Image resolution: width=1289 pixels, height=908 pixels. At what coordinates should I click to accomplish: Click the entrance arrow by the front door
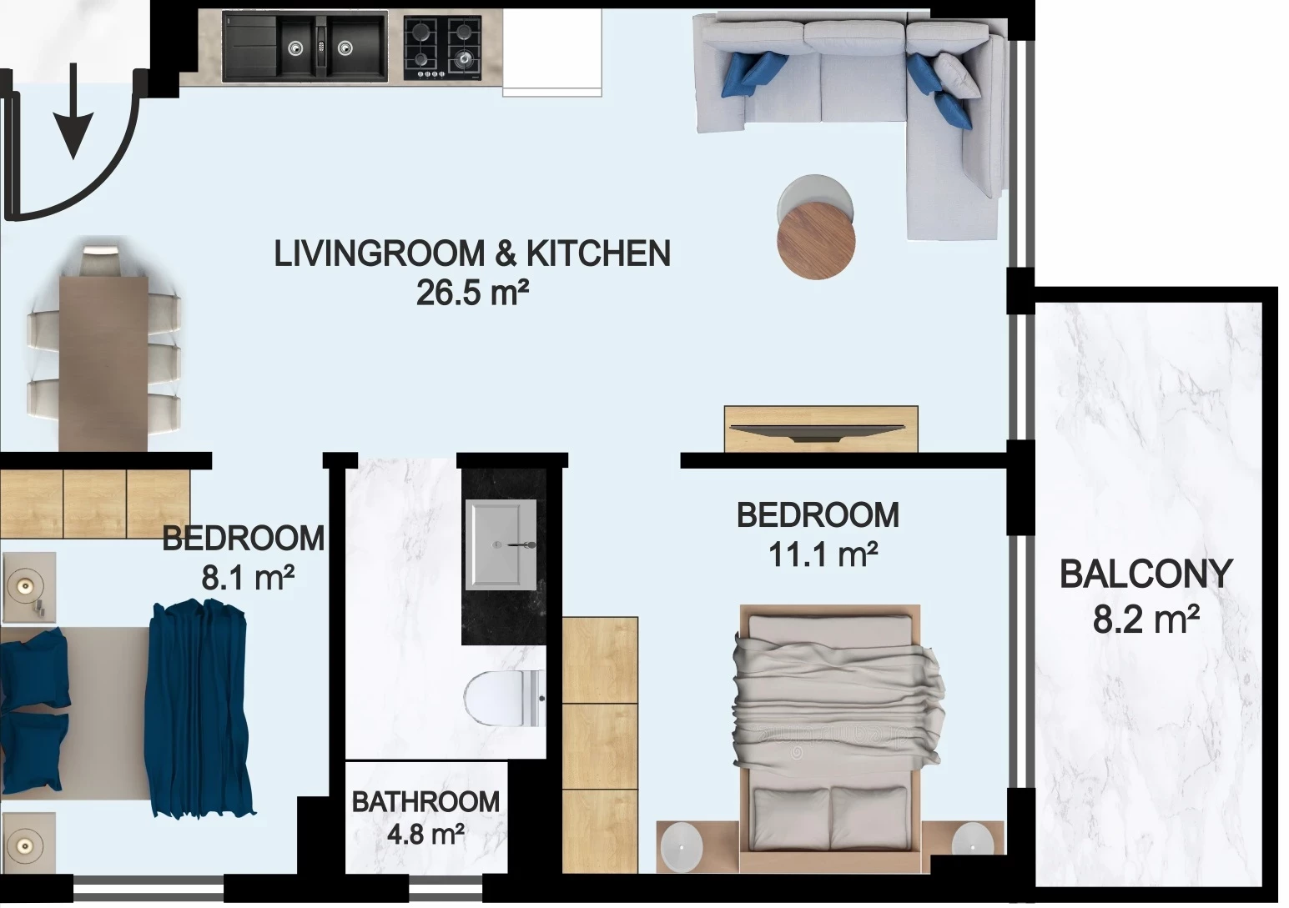pos(73,110)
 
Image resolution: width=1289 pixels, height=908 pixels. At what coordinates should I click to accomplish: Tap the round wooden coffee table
pos(816,240)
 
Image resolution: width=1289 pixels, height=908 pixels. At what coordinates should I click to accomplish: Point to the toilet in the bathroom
pos(504,698)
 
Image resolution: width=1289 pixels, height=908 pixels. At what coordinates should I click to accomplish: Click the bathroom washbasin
pos(501,544)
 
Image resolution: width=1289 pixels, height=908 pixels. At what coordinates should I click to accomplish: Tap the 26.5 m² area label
pos(472,293)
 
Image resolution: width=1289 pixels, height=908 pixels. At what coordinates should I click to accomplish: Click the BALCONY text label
pos(1145,574)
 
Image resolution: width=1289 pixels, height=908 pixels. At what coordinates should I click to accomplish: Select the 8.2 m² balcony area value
pos(1146,620)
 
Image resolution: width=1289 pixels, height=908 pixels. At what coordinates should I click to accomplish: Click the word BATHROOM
pos(425,802)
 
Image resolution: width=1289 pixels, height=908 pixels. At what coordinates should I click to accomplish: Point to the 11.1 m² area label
pos(823,555)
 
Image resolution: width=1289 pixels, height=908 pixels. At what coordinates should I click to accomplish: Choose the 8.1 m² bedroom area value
pos(248,577)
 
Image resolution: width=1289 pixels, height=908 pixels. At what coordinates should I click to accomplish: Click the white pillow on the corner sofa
pos(957,75)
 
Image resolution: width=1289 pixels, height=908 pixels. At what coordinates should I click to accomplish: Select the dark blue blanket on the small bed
pos(199,708)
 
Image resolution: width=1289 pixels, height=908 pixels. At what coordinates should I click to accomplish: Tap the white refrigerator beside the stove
pos(552,53)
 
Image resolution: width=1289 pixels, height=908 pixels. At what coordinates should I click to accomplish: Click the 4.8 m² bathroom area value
pos(425,835)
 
